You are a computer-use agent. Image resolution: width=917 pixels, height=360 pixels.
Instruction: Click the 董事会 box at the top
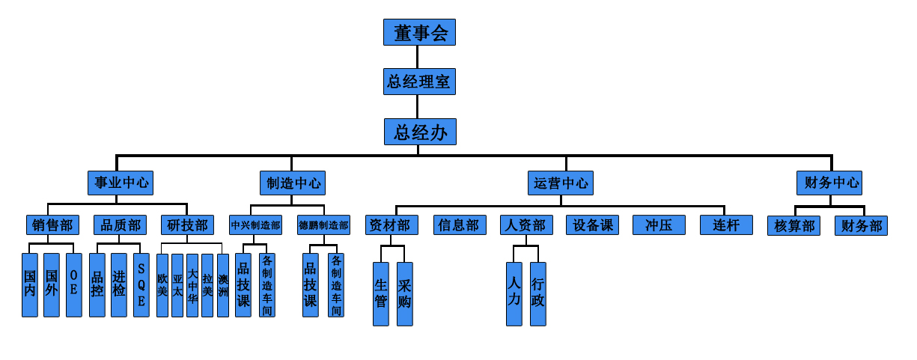pyautogui.click(x=419, y=32)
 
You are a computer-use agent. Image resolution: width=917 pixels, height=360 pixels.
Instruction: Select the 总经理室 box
pyautogui.click(x=419, y=81)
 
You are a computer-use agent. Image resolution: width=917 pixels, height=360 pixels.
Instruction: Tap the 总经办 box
pyautogui.click(x=420, y=132)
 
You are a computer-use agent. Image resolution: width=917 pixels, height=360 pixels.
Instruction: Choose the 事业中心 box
pyautogui.click(x=120, y=183)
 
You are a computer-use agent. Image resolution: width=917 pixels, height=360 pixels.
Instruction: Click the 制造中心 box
pyautogui.click(x=292, y=183)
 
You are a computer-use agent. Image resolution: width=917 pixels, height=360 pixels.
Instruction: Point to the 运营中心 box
pyautogui.click(x=561, y=183)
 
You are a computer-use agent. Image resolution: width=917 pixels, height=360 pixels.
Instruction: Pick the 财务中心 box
pyautogui.click(x=829, y=183)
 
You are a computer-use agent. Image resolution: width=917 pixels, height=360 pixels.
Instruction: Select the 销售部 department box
pyautogui.click(x=52, y=225)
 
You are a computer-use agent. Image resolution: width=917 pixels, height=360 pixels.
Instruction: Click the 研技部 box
pyautogui.click(x=187, y=225)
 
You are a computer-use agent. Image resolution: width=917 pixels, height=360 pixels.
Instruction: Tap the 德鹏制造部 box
pyautogui.click(x=323, y=225)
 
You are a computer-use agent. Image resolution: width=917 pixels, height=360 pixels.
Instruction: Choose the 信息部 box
pyautogui.click(x=460, y=225)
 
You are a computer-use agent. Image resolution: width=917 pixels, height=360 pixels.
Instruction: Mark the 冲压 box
pyautogui.click(x=659, y=225)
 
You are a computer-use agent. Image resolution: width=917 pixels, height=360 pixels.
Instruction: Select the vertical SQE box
pyautogui.click(x=141, y=284)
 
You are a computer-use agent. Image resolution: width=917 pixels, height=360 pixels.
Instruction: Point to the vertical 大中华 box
pyautogui.click(x=192, y=285)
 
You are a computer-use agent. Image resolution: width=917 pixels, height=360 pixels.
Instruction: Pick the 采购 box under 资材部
pyautogui.click(x=405, y=293)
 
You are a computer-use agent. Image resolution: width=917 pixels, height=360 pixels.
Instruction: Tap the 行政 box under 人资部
pyautogui.click(x=537, y=293)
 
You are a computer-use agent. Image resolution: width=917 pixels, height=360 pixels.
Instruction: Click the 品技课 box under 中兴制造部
pyautogui.click(x=243, y=284)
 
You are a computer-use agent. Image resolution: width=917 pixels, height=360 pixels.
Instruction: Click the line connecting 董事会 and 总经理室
pyautogui.click(x=418, y=56)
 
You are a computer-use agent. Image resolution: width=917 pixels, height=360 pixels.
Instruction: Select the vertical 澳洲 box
pyautogui.click(x=223, y=285)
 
